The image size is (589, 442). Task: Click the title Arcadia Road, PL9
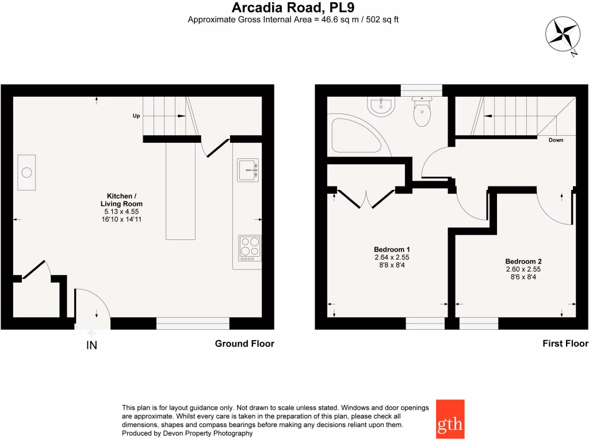(x=293, y=7)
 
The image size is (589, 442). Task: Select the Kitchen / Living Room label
(x=121, y=200)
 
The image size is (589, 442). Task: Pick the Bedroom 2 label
(x=523, y=261)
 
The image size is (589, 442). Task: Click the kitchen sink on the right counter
(x=248, y=170)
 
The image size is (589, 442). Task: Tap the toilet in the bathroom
(x=422, y=112)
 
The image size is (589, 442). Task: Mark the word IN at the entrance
(x=91, y=345)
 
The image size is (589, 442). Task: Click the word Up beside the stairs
(x=136, y=116)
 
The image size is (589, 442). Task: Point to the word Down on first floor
(x=556, y=140)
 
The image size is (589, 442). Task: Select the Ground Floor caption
(x=244, y=344)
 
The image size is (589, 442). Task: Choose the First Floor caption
(x=565, y=344)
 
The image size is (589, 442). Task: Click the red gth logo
(x=450, y=419)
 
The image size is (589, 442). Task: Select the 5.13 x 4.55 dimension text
(x=121, y=212)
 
